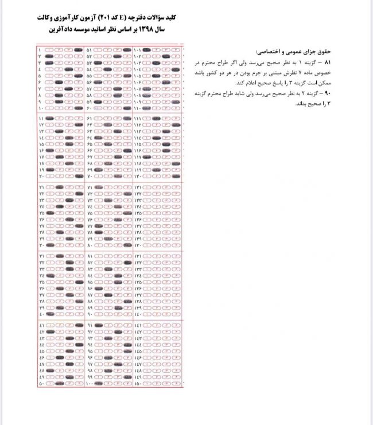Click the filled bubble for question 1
pyautogui.click(x=77, y=50)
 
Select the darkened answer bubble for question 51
pyautogui.click(x=126, y=50)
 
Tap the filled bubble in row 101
pyautogui.click(x=146, y=50)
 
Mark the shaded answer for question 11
pyautogui.click(x=49, y=118)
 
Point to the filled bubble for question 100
pyautogui.click(x=99, y=383)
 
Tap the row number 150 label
pyautogui.click(x=138, y=383)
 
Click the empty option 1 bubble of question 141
pyautogui.click(x=147, y=325)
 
